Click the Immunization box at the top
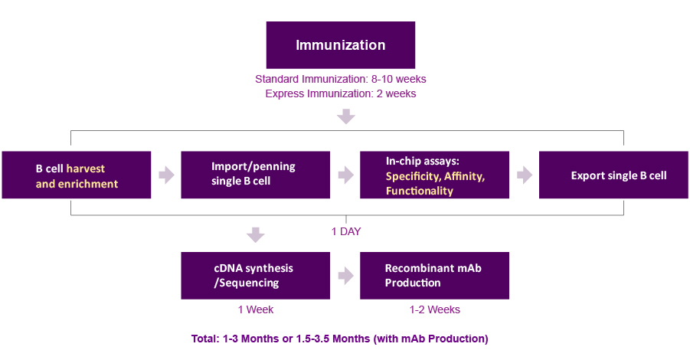341,45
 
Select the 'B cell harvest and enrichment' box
77,175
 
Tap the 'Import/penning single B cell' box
255,175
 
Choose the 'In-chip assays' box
434,175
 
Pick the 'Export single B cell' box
613,175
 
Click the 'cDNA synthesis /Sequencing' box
255,276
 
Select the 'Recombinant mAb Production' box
434,276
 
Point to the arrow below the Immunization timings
346,116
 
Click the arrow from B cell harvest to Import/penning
166,175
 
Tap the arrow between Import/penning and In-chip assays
346,175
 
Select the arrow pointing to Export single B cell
525,175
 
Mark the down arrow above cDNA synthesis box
256,235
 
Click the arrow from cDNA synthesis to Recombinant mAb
346,276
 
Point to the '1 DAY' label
346,232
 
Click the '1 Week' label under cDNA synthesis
256,309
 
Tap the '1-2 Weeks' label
435,309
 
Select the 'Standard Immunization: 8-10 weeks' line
341,79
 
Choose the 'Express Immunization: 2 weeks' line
341,93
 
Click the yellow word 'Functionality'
420,191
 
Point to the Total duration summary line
340,339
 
